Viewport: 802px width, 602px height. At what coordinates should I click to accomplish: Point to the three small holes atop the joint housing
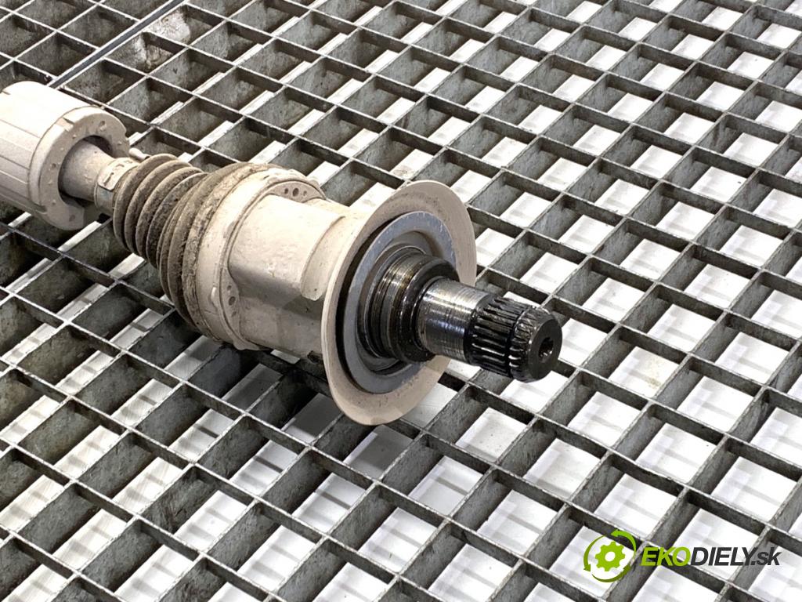coord(295,192)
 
